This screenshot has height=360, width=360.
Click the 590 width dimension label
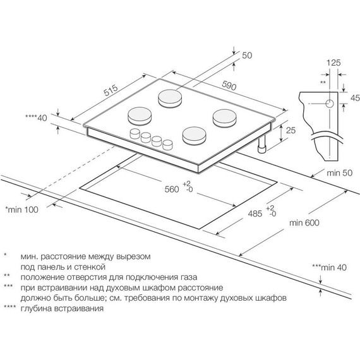pyautogui.click(x=229, y=85)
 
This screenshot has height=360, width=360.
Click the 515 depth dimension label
pyautogui.click(x=111, y=90)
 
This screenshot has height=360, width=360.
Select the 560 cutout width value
pyautogui.click(x=172, y=189)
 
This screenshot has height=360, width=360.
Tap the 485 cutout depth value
pyautogui.click(x=255, y=213)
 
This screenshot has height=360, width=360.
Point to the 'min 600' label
pyautogui.click(x=304, y=223)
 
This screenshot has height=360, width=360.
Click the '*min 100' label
pyautogui.click(x=22, y=210)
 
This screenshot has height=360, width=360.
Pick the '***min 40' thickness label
pyautogui.click(x=329, y=267)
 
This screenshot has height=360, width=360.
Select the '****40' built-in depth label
pyautogui.click(x=36, y=118)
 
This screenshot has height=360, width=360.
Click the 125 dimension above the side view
pyautogui.click(x=333, y=63)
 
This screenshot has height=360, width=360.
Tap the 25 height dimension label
pyautogui.click(x=291, y=130)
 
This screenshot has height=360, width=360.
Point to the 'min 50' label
pyautogui.click(x=339, y=173)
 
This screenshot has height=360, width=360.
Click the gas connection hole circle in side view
pyautogui.click(x=330, y=104)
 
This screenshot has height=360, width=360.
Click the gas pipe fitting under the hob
pyautogui.click(x=261, y=145)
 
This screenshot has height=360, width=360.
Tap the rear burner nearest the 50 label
pyautogui.click(x=171, y=98)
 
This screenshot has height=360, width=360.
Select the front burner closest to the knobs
pyautogui.click(x=195, y=136)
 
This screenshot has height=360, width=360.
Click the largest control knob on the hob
pyautogui.click(x=135, y=134)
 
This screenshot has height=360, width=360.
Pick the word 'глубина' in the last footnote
pyautogui.click(x=36, y=308)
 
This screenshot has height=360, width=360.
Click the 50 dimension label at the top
pyautogui.click(x=247, y=56)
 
